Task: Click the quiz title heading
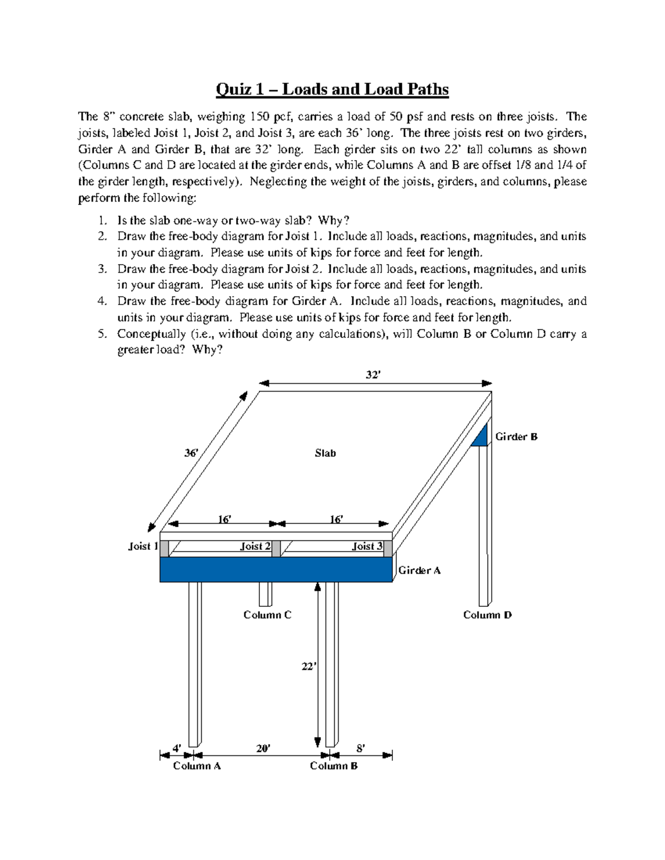coord(332,89)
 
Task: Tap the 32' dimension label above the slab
coord(372,375)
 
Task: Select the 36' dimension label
coord(191,452)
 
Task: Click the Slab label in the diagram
coord(325,453)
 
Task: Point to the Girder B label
coord(516,436)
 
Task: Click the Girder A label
coord(420,570)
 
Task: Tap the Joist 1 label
coord(143,546)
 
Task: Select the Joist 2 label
coord(255,546)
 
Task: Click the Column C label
coord(267,615)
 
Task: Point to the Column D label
coord(487,615)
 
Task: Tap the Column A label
coord(197,766)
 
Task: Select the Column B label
coord(334,766)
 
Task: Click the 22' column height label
coord(308,667)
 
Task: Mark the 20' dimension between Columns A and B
coord(263,748)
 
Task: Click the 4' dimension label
coord(176,748)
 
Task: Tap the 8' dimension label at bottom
coord(360,748)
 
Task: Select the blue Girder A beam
coord(276,569)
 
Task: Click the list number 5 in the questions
coord(101,334)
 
